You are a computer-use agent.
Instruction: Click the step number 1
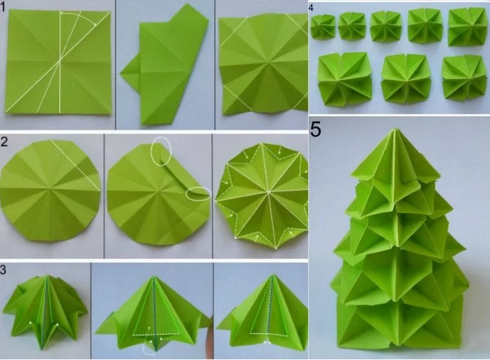tap(2, 7)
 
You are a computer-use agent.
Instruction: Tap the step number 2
tap(4, 142)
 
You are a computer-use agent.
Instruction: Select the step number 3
tap(3, 270)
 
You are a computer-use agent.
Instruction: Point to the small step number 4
tap(310, 8)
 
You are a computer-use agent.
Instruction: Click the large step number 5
tap(315, 129)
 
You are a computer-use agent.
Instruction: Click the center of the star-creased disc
tap(268, 191)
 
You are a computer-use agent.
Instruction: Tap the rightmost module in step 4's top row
tap(467, 26)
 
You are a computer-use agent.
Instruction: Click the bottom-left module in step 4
tap(345, 79)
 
